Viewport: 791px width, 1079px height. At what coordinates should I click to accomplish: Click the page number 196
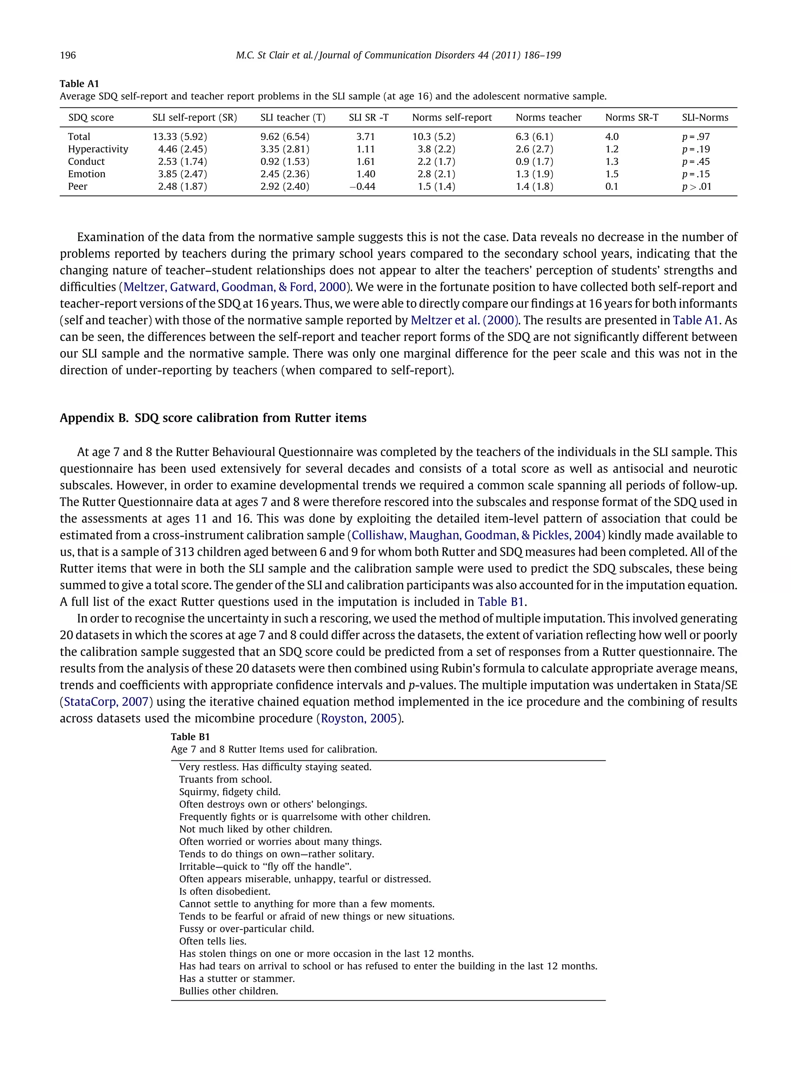[68, 55]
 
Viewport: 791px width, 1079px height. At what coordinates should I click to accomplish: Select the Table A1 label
[79, 84]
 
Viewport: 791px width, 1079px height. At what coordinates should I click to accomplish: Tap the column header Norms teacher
[548, 117]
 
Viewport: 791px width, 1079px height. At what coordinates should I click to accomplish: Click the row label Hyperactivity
[98, 149]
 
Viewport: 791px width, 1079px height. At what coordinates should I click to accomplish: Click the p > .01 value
[697, 186]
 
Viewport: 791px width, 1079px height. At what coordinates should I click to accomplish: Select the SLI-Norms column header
[705, 117]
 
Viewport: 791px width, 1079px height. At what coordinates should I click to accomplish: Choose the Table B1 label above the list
[190, 737]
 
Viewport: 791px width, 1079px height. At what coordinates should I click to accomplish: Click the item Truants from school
[225, 779]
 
